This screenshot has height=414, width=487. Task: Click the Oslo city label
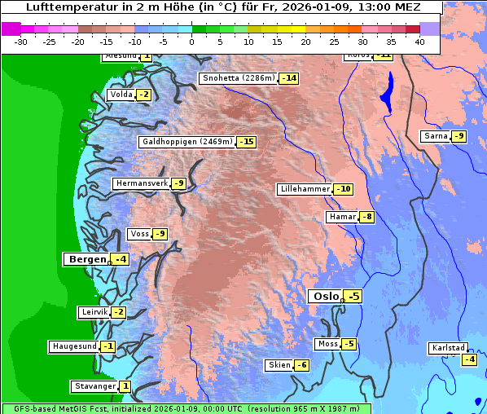click(325, 297)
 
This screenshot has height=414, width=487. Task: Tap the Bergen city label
click(86, 259)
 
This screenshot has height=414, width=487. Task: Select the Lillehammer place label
click(305, 189)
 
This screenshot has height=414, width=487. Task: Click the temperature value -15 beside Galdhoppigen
click(246, 142)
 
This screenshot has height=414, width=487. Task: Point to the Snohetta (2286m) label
click(238, 78)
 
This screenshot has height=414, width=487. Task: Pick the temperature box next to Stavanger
click(125, 385)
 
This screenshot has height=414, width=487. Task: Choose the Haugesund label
click(74, 346)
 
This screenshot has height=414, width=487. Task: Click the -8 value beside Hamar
click(367, 217)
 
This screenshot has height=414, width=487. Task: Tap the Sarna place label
click(436, 136)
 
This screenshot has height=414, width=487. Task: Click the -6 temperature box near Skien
click(301, 365)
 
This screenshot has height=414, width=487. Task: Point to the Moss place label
click(327, 344)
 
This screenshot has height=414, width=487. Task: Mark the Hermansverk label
click(141, 183)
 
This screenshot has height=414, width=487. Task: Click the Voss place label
click(139, 234)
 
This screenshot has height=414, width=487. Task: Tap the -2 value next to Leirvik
click(118, 312)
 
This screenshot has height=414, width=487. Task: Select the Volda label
click(121, 95)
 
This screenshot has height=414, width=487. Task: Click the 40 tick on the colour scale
click(419, 41)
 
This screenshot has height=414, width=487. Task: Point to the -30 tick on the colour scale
click(21, 41)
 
